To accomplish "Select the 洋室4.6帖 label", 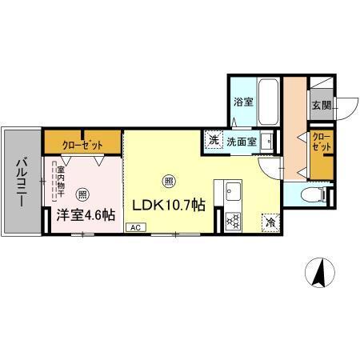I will (x=85, y=214).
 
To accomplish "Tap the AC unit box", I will (x=138, y=227).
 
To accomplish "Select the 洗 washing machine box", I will (x=214, y=141).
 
